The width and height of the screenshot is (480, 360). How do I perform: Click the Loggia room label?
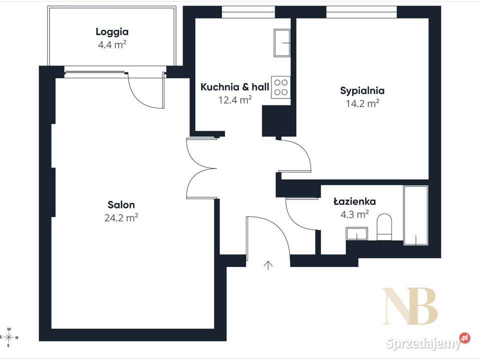coord(112,32)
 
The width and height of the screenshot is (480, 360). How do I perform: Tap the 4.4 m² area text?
coord(112,44)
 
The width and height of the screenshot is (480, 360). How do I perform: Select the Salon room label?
coord(121,205)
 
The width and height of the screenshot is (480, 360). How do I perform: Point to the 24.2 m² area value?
coord(121,217)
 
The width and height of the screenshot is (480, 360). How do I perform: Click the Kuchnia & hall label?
coord(235,87)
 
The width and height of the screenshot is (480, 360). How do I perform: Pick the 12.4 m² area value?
coord(235,100)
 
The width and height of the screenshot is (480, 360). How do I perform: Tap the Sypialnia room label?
coord(362,91)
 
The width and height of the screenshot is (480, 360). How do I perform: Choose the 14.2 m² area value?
coord(362,103)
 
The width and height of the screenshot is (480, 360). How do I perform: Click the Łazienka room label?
coord(355,201)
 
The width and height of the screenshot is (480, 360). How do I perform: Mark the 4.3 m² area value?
coord(355,214)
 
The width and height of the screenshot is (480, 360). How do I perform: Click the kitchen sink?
coord(282,43)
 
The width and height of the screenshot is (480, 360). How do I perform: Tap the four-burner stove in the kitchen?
coord(280,87)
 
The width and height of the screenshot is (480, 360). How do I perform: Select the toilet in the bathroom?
coord(384,227)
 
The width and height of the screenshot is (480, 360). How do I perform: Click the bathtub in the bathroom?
coord(415,215)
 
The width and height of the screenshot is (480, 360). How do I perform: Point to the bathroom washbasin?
coord(357,233)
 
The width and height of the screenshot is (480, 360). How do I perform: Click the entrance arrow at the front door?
coord(268,265)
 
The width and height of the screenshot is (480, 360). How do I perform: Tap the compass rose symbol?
coord(9,337)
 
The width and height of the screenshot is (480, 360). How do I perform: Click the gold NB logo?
coord(410,306)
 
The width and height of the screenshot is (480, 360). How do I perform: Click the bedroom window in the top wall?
coord(361,12)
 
